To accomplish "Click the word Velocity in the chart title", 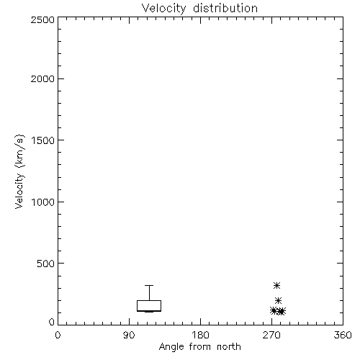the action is pyautogui.click(x=164, y=9).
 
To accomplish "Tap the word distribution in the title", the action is pyautogui.click(x=225, y=8).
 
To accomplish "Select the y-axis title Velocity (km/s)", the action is pyautogui.click(x=19, y=171).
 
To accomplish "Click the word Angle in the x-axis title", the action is pyautogui.click(x=171, y=347).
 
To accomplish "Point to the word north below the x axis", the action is pyautogui.click(x=229, y=347).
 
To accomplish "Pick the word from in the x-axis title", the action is pyautogui.click(x=201, y=347).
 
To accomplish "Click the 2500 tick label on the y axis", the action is pyautogui.click(x=42, y=19).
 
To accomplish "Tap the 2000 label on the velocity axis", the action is pyautogui.click(x=42, y=78).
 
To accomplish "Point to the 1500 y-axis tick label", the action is pyautogui.click(x=43, y=140).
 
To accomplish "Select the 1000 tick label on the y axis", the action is pyautogui.click(x=43, y=202).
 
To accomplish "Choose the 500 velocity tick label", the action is pyautogui.click(x=46, y=264).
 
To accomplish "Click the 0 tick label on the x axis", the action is pyautogui.click(x=58, y=335).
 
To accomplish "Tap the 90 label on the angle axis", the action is pyautogui.click(x=129, y=335).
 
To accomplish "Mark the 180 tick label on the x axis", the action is pyautogui.click(x=200, y=335).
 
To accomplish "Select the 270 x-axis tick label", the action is pyautogui.click(x=271, y=335).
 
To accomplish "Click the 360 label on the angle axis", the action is pyautogui.click(x=343, y=335).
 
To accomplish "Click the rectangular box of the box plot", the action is pyautogui.click(x=149, y=300).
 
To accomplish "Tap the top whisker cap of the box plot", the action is pyautogui.click(x=149, y=285).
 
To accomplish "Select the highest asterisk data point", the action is pyautogui.click(x=277, y=285).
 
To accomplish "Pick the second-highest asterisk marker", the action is pyautogui.click(x=278, y=300).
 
